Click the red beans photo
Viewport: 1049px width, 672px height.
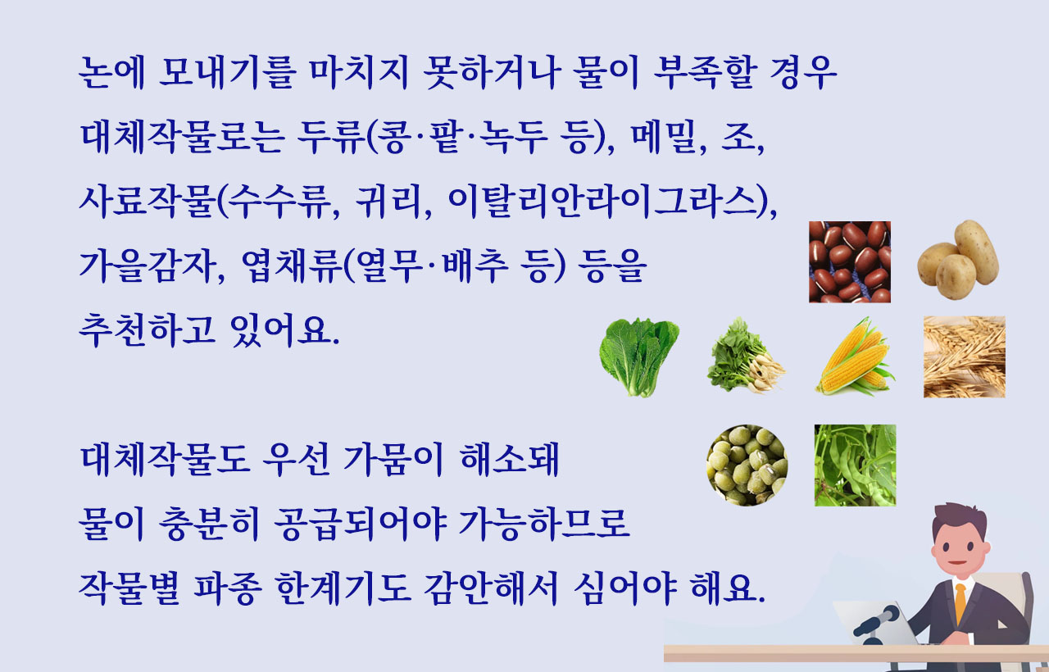[x=850, y=261]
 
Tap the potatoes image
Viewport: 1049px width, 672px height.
[x=958, y=260]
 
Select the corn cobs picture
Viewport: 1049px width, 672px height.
[x=855, y=356]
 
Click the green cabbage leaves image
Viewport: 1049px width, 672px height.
[x=639, y=357]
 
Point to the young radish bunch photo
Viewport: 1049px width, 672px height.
[x=746, y=356]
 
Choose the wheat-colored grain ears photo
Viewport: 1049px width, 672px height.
[x=965, y=356]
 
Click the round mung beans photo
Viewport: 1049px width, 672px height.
[x=747, y=465]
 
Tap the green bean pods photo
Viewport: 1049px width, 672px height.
[x=855, y=465]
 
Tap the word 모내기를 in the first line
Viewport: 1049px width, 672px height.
[x=228, y=73]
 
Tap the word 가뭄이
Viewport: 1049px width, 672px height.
[x=393, y=460]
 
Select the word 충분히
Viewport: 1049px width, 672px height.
[x=209, y=524]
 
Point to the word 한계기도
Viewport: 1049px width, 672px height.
[x=343, y=588]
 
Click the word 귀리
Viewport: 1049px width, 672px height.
[x=388, y=202]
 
